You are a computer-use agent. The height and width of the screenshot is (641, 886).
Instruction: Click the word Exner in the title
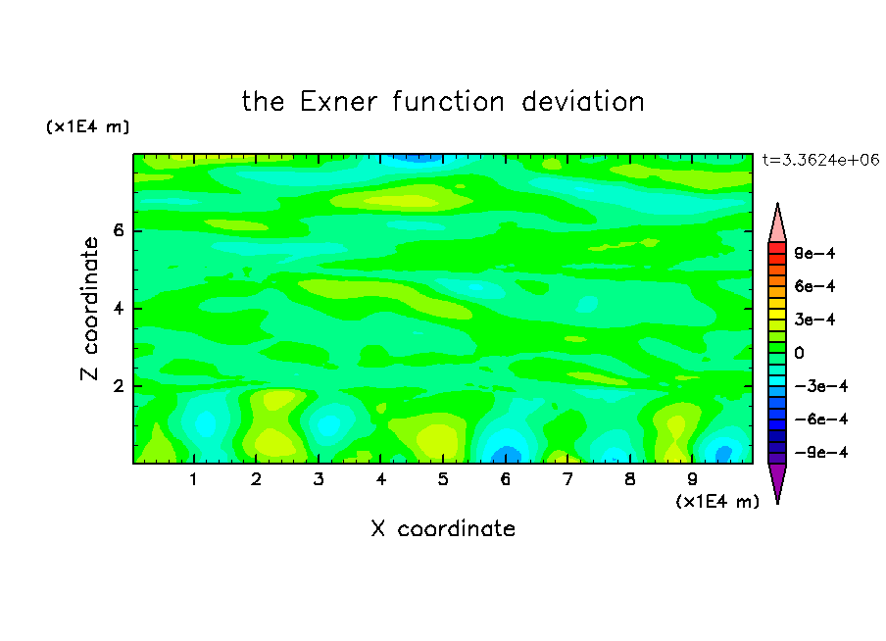[x=338, y=102]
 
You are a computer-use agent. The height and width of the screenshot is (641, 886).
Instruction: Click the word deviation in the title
[x=582, y=102]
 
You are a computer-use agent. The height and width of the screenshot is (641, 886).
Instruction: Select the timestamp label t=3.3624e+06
[x=820, y=160]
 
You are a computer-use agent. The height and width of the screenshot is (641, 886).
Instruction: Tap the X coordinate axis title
[x=443, y=528]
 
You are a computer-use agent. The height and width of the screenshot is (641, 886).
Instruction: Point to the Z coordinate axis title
[x=89, y=309]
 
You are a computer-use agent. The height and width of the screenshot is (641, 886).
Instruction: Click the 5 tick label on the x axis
[x=443, y=479]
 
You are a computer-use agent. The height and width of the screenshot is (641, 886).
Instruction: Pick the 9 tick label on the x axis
[x=692, y=479]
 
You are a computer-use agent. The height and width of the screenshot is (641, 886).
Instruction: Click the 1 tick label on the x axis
[x=194, y=479]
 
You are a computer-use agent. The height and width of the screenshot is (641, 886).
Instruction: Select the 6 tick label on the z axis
[x=119, y=230]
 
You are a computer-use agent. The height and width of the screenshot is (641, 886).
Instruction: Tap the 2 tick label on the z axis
[x=119, y=386]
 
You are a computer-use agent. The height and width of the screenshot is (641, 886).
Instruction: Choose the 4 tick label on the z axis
[x=119, y=309]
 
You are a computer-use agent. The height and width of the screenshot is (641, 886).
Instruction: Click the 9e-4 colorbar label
[x=814, y=253]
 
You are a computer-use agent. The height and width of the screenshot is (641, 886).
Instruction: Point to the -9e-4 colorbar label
[x=821, y=452]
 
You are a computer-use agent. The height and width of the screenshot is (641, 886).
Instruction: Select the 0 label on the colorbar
[x=799, y=353]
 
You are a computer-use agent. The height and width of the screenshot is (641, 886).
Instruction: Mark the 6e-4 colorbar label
[x=814, y=286]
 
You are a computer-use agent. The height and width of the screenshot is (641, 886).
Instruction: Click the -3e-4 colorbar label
[x=821, y=386]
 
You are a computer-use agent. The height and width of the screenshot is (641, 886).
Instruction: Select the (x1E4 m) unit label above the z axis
[x=87, y=126]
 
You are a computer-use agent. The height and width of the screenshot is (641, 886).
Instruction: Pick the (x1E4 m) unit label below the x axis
[x=717, y=502]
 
